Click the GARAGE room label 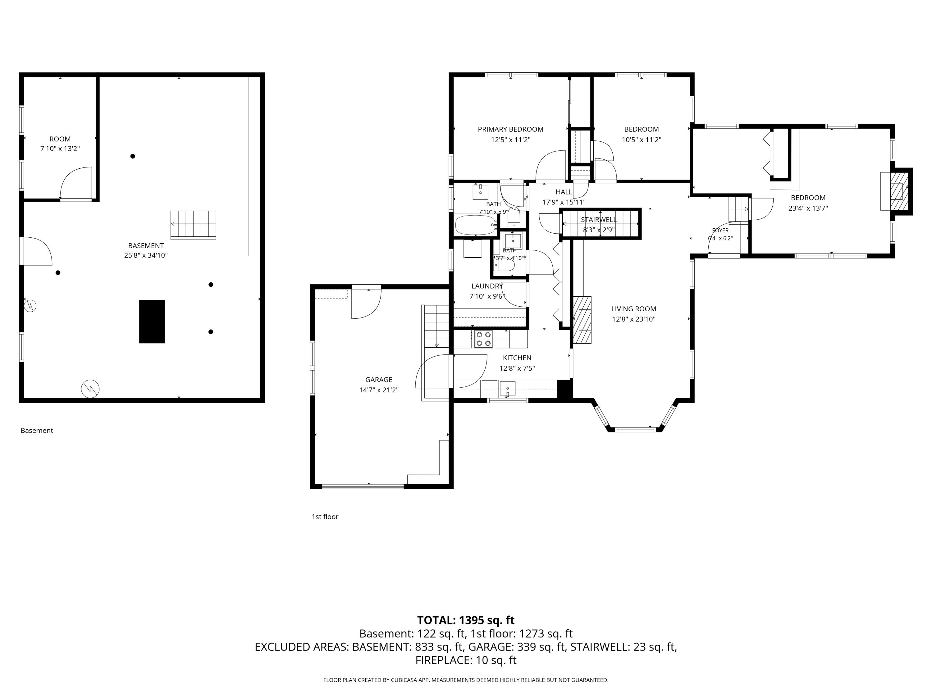(379, 380)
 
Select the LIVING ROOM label (634, 309)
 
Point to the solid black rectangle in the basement (152, 322)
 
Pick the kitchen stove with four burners (483, 339)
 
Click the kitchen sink (507, 388)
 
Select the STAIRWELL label (599, 220)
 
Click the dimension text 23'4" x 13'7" (808, 208)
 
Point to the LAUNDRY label (487, 286)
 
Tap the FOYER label (720, 231)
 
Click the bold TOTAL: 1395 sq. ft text (466, 620)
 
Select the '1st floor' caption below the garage (325, 517)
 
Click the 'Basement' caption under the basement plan (37, 430)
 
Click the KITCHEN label (517, 358)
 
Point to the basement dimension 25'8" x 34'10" (146, 255)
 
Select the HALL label (564, 192)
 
